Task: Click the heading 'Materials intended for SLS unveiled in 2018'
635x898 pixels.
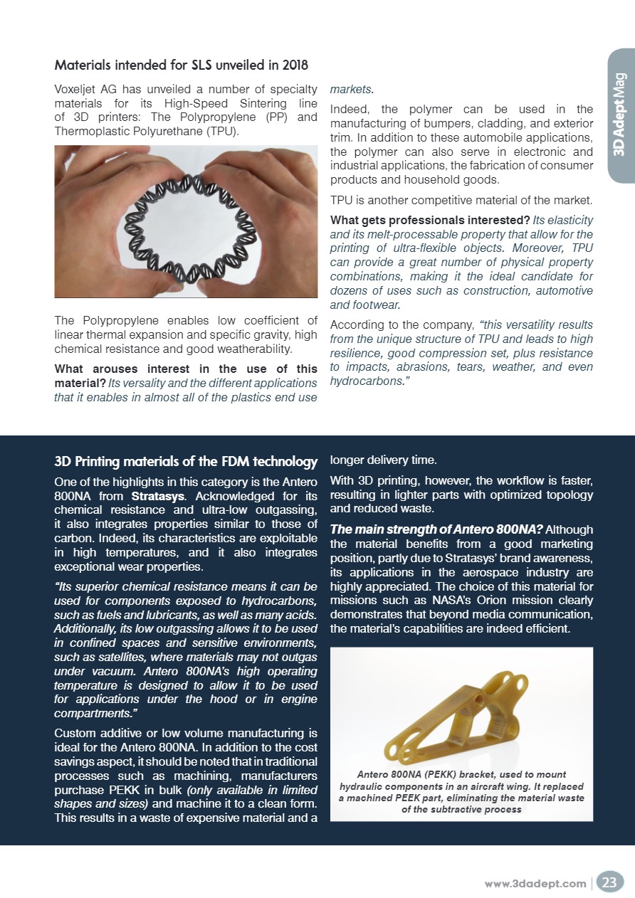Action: (182, 65)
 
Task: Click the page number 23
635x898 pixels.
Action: (609, 882)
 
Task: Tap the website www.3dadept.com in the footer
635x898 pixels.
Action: (535, 883)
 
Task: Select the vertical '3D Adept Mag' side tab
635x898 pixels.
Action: (619, 114)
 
